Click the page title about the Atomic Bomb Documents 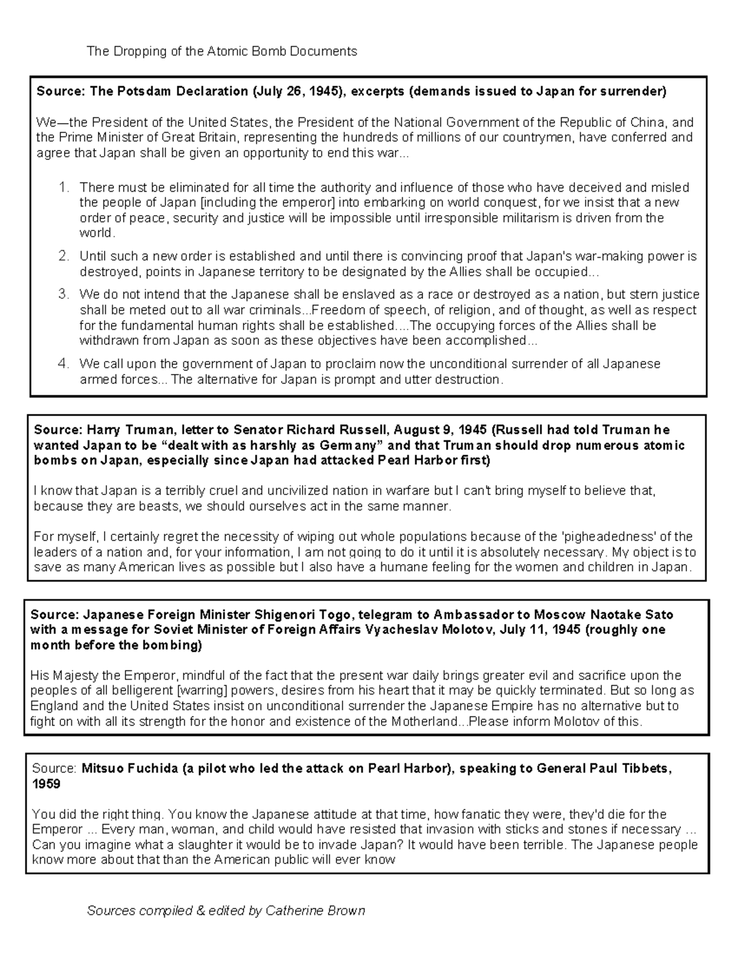tap(221, 51)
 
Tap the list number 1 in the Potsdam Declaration tap(63, 188)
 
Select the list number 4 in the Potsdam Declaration tap(63, 364)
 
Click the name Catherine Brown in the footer tap(315, 911)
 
